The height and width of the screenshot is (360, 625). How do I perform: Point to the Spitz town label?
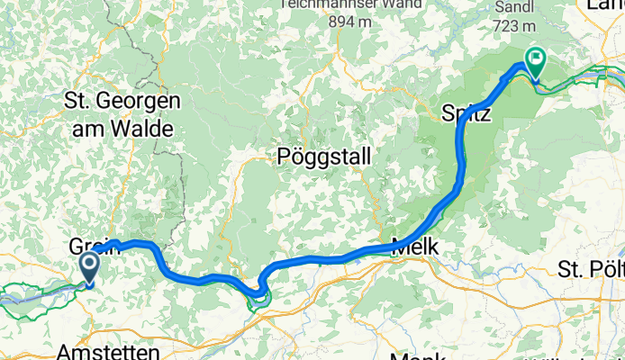coord(465,114)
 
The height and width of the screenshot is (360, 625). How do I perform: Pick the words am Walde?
coord(119,129)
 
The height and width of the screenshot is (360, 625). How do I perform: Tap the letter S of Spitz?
coord(447,114)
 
